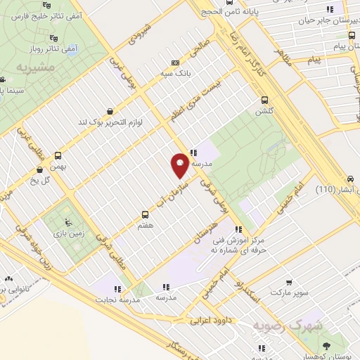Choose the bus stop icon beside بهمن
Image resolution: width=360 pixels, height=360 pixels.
click(x=58, y=156)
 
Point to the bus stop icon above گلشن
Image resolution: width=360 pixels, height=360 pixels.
click(x=264, y=100)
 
